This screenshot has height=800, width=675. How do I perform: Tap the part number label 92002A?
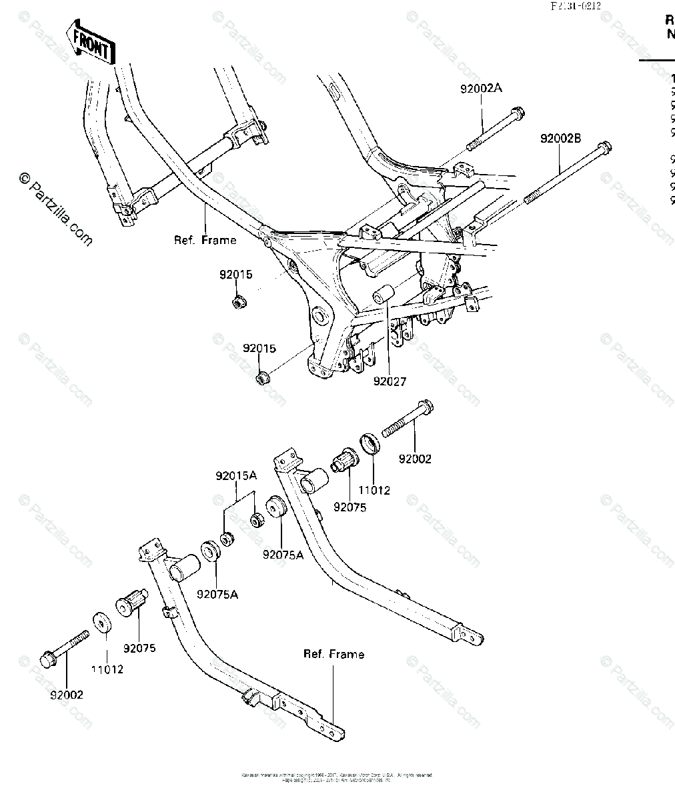point(480,88)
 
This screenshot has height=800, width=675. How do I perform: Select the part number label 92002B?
point(560,139)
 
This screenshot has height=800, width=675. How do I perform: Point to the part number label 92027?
point(390,382)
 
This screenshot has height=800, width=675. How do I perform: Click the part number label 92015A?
point(235,476)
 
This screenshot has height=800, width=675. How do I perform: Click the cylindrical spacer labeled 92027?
point(383,294)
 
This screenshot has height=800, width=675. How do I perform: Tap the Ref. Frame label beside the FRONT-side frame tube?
point(205,240)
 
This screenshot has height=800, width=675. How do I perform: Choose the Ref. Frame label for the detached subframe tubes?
point(333,654)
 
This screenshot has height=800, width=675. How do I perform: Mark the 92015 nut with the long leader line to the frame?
point(263,379)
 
